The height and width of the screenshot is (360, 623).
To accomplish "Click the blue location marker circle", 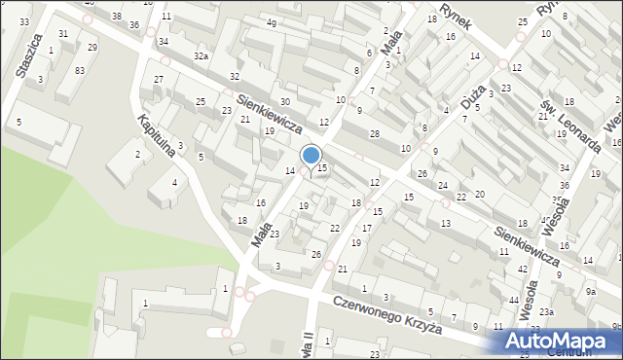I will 311,155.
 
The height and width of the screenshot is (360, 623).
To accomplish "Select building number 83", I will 80,70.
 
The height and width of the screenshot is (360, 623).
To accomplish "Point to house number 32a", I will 201,56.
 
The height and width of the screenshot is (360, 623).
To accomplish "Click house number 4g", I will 272,21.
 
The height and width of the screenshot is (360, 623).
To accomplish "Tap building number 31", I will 63,33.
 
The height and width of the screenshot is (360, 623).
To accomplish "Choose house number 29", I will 92,47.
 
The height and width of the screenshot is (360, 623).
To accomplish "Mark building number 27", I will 159,79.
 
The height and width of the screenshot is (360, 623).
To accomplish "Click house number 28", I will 373,132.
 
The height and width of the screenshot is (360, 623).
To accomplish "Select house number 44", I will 513,300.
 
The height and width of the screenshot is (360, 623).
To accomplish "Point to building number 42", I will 523,269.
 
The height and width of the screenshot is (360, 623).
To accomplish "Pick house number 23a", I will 547,311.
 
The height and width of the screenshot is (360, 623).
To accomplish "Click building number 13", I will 445,224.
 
